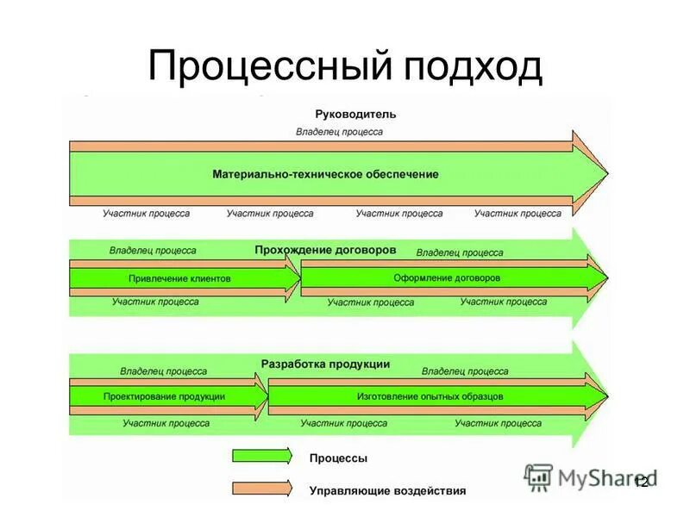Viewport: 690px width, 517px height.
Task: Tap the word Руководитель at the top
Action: click(x=343, y=114)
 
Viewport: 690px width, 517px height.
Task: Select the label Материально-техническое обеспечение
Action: click(x=325, y=174)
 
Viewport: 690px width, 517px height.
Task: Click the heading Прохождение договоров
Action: click(x=325, y=250)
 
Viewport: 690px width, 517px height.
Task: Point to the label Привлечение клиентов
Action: click(x=179, y=278)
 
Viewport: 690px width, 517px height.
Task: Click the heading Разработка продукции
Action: click(x=325, y=364)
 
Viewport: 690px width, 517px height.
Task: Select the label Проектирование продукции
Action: click(x=164, y=396)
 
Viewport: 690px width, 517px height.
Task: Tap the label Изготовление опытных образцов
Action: click(x=430, y=396)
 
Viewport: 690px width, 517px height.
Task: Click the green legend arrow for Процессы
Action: click(x=262, y=458)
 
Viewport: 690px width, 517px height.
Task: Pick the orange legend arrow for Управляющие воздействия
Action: click(x=262, y=489)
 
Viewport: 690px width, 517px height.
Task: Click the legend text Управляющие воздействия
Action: click(x=387, y=490)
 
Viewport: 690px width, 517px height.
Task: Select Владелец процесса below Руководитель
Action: click(x=339, y=132)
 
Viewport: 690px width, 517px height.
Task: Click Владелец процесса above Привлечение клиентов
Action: click(x=153, y=251)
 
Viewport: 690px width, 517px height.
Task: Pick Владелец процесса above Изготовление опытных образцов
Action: click(x=465, y=371)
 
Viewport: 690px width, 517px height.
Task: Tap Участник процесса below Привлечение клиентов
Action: click(x=155, y=302)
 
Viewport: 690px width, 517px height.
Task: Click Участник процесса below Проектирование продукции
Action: click(x=166, y=423)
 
